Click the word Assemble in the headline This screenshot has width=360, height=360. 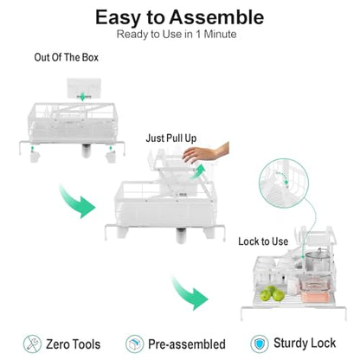(x=216, y=17)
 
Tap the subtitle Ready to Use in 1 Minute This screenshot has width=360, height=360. (x=177, y=35)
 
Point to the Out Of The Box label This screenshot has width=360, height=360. (x=67, y=57)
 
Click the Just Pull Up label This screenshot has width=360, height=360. (x=171, y=138)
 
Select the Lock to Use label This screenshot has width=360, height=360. (x=263, y=241)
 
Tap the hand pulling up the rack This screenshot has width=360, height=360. (x=206, y=153)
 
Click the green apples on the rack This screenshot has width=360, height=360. (x=273, y=293)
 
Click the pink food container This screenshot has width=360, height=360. (x=312, y=286)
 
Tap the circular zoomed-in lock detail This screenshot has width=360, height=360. (x=284, y=183)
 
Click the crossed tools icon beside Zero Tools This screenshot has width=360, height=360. (x=32, y=344)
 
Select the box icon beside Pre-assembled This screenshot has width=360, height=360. (x=134, y=344)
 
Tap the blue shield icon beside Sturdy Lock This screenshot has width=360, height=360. (x=260, y=344)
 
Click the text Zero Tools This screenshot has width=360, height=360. (x=74, y=344)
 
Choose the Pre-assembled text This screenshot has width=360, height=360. (x=187, y=344)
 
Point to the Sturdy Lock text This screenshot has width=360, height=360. (x=305, y=344)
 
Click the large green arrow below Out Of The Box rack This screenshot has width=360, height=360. (x=75, y=202)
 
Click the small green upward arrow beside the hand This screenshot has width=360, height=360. (x=198, y=171)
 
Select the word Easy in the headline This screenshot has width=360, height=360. (x=119, y=18)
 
